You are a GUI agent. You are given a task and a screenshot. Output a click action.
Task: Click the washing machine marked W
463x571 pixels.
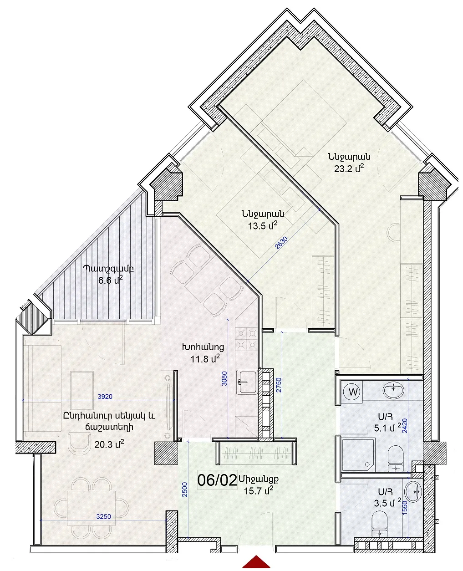(x=353, y=392)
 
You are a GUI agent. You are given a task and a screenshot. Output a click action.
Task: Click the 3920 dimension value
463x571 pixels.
(x=105, y=397)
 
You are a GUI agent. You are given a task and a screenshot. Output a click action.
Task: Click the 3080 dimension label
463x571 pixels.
(x=224, y=378)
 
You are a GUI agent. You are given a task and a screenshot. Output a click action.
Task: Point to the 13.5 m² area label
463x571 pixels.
(x=262, y=225)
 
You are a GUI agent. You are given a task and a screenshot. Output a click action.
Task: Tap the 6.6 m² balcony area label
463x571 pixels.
(x=110, y=280)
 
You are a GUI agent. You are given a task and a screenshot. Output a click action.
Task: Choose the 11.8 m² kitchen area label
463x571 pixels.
(x=205, y=358)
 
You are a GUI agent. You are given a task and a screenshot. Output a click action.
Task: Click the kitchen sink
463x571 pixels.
(x=247, y=382)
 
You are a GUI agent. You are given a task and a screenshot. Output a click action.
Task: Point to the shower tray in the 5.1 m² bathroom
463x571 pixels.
(x=358, y=454)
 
